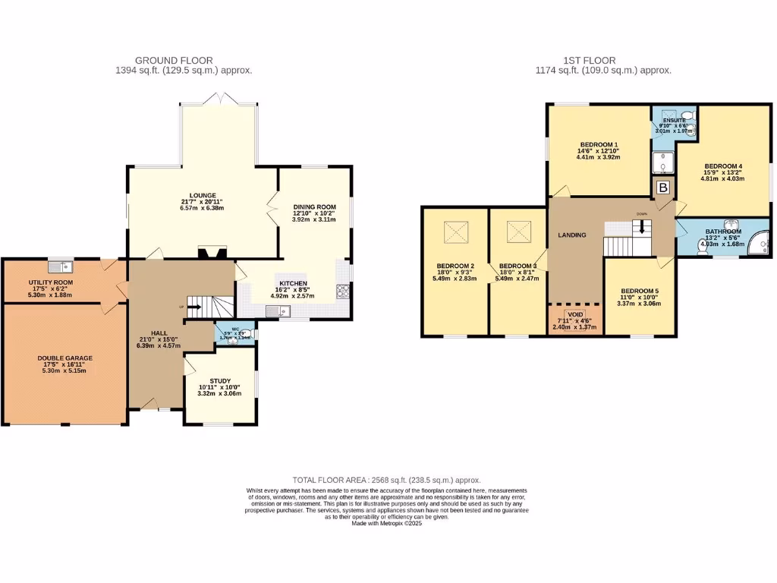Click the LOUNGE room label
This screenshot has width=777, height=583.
tap(203, 195)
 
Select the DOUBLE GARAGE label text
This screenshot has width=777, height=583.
tap(64, 358)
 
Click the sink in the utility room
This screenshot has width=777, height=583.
tap(59, 266)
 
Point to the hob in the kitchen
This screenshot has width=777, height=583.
tap(342, 291)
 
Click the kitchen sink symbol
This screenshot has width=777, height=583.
tap(274, 311)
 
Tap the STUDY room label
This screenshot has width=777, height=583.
tap(220, 381)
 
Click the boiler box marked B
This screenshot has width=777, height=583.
tap(662, 187)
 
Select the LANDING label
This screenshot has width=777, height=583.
tap(572, 235)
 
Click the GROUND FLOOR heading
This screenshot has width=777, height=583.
tap(174, 60)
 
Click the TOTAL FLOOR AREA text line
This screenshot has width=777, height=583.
tap(387, 480)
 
